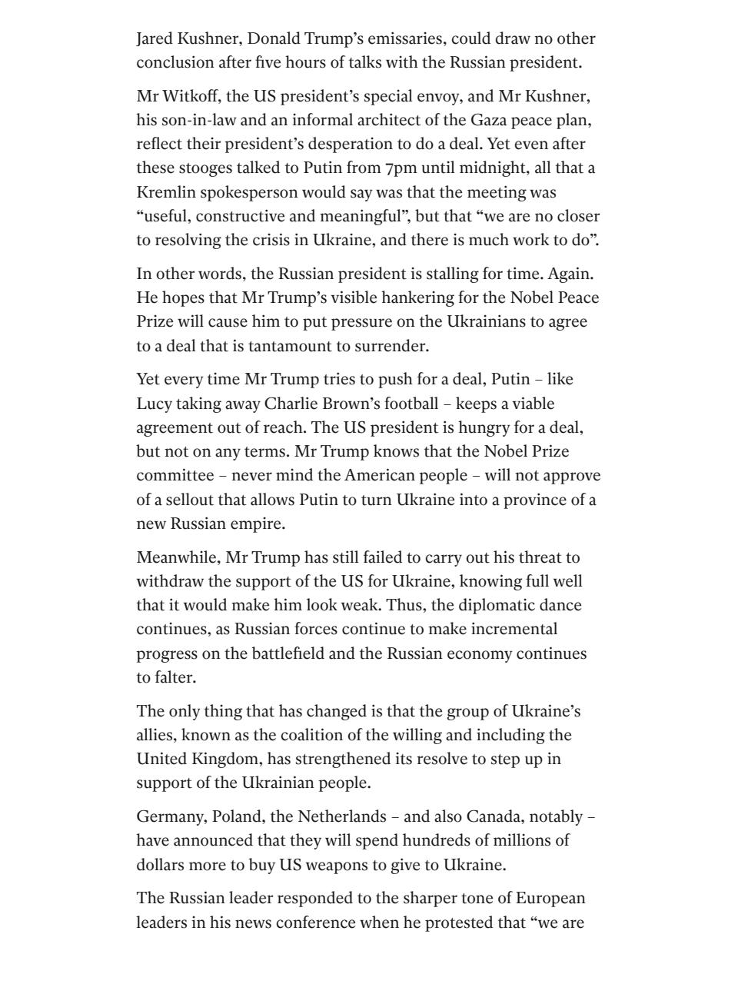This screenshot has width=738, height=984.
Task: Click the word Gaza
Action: (x=446, y=120)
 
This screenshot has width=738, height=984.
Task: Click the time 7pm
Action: (x=400, y=168)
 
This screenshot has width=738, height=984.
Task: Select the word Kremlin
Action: (x=163, y=191)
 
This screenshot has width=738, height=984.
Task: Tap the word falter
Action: (x=177, y=677)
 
